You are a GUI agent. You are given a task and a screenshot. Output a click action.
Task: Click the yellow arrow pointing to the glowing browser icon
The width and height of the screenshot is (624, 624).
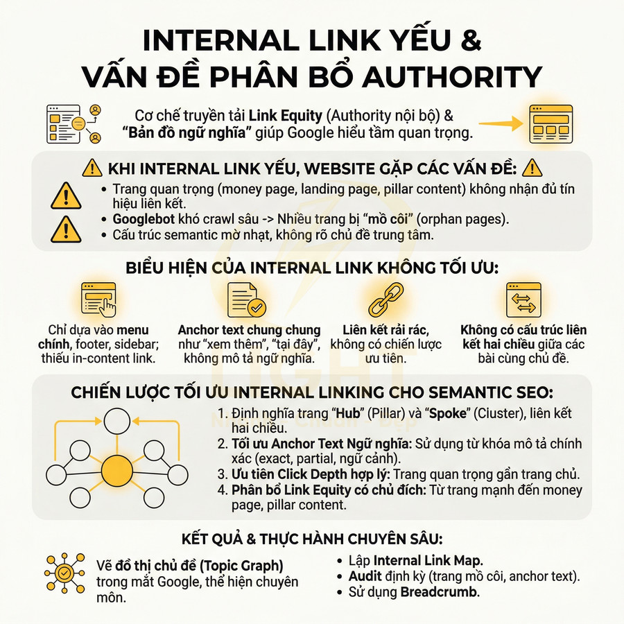501,124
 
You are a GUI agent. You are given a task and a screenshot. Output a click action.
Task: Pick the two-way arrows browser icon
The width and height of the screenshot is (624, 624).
522,300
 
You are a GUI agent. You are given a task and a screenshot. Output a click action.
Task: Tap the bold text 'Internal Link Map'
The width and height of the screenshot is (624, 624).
428,560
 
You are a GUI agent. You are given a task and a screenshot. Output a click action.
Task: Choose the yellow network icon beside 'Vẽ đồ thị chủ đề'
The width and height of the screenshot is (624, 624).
64,572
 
